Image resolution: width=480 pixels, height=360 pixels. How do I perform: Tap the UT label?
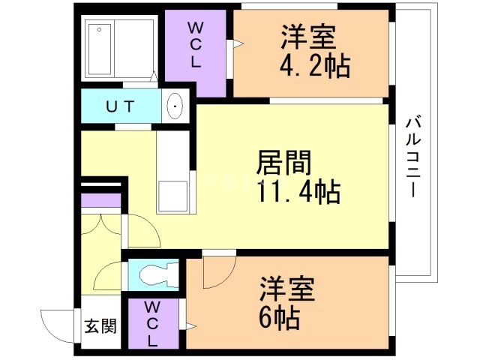pos(120,106)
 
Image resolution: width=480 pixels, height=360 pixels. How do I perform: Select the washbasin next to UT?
pos(175,106)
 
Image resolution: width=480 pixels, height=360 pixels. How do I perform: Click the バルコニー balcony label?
pos(413,156)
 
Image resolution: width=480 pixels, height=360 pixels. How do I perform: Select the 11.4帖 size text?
pos(298,192)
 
